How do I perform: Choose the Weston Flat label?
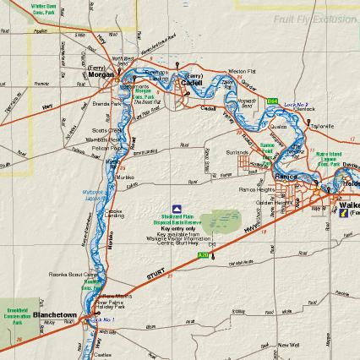point(241,71)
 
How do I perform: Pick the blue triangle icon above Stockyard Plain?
point(177,208)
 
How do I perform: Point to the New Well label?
point(288,345)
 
